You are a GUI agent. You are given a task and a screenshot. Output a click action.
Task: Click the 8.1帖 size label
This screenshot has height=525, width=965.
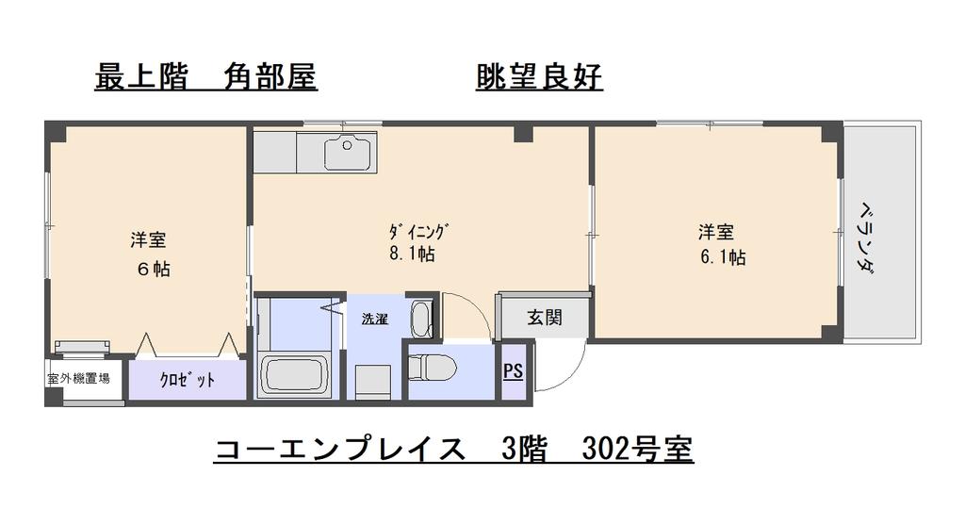[412, 254]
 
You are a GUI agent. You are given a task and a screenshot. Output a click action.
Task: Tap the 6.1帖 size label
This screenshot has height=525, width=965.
[722, 256]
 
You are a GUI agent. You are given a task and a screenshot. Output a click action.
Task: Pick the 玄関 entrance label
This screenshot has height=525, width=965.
[545, 318]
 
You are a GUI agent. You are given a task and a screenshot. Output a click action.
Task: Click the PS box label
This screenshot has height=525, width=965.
[513, 371]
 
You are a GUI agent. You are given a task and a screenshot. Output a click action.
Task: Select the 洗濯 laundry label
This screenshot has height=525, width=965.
[375, 319]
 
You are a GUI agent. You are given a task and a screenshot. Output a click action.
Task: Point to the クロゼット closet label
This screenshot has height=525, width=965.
[187, 381]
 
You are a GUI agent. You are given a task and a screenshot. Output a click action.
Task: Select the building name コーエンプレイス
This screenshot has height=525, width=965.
[340, 450]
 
